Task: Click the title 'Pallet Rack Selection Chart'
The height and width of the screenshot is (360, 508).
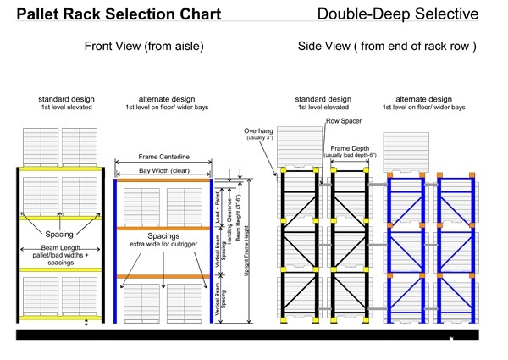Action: coord(119,14)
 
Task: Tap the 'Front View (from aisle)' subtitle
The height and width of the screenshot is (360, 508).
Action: coord(144,47)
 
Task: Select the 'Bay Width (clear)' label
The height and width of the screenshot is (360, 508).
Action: coord(162,171)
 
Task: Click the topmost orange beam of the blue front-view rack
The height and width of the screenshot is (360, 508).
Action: coord(163,180)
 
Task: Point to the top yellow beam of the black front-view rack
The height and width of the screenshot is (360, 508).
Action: coord(59,169)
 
